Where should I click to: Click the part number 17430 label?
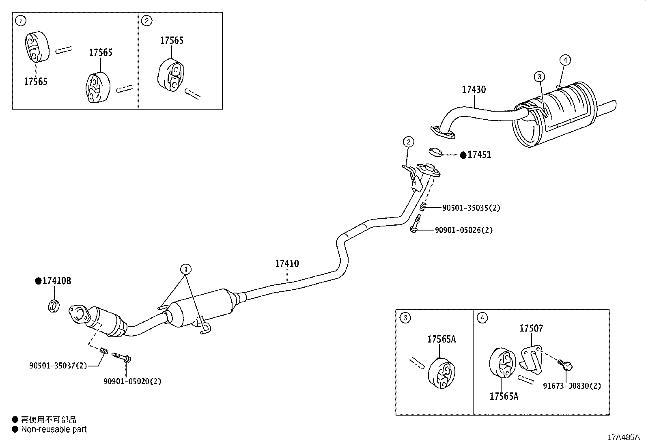474,89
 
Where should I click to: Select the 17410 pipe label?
287,263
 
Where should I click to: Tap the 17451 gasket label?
479,155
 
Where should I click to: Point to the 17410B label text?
56,281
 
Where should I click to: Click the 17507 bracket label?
531,328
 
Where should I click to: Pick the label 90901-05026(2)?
464,230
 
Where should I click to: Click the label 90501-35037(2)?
58,366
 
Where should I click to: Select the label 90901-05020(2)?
132,381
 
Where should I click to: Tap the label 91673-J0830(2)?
572,386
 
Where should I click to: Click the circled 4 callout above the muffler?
565,60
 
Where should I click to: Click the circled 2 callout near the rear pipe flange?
408,142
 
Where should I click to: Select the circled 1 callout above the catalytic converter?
186,269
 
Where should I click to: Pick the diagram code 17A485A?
623,437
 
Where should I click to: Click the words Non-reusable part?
54,429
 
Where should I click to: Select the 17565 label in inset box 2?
172,40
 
